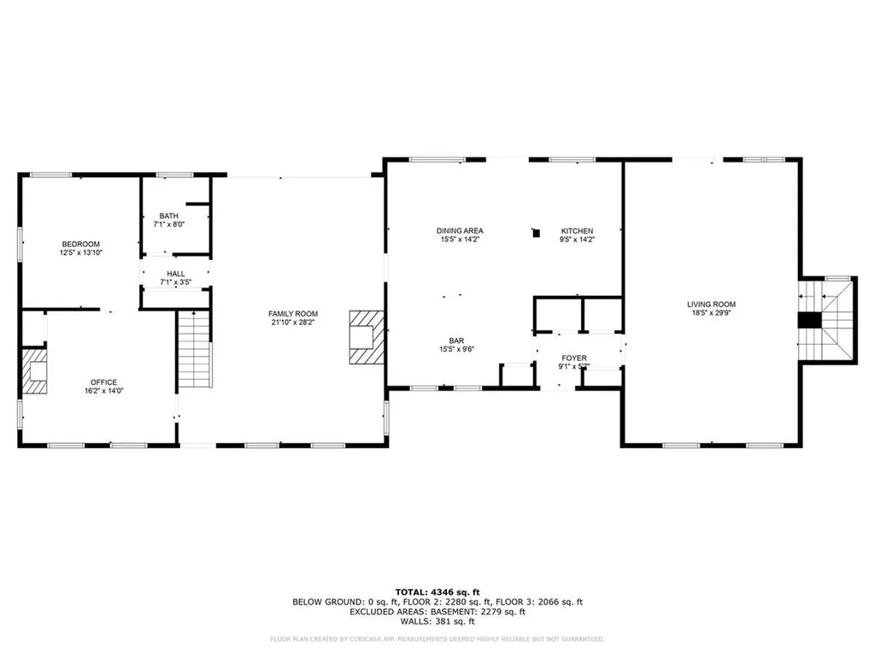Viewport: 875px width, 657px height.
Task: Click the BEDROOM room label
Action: click(x=80, y=244)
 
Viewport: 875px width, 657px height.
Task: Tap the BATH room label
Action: click(x=168, y=216)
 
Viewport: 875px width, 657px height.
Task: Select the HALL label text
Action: click(x=175, y=274)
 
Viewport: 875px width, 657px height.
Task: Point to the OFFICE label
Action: click(x=104, y=382)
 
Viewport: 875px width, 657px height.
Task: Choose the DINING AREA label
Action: click(x=460, y=231)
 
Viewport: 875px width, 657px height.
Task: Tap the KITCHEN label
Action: click(x=577, y=231)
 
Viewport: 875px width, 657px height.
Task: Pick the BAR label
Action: click(x=456, y=340)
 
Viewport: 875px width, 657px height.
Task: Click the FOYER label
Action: click(x=573, y=358)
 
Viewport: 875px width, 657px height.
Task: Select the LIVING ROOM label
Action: click(x=711, y=305)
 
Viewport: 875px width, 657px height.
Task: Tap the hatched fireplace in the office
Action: click(x=35, y=370)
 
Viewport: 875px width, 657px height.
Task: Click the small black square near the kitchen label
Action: click(x=536, y=231)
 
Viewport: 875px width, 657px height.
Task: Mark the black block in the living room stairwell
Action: click(x=809, y=321)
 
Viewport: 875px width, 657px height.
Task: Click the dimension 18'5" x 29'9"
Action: click(x=711, y=314)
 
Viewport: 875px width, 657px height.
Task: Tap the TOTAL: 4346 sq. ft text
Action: click(x=437, y=592)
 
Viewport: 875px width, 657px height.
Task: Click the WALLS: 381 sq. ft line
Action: click(x=437, y=622)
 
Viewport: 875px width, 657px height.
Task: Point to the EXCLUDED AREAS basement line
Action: click(x=437, y=612)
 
